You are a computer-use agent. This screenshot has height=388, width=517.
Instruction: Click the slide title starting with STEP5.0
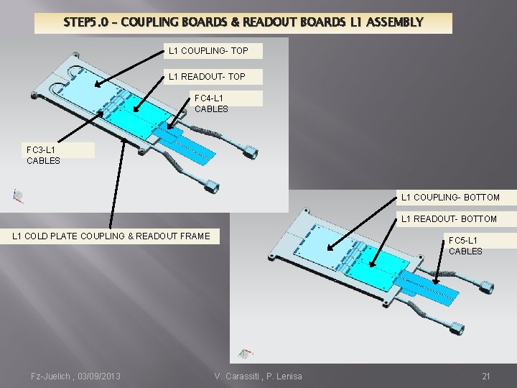tap(243, 22)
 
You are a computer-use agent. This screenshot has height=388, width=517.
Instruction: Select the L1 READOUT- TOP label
tap(207, 76)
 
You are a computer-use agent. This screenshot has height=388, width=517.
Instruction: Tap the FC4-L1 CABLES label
tap(211, 103)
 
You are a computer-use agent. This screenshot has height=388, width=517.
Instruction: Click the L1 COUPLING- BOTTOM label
tap(450, 197)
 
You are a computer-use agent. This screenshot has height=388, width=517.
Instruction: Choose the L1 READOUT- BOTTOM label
tap(449, 218)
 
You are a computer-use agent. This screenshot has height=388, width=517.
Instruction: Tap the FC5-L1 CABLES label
tap(465, 245)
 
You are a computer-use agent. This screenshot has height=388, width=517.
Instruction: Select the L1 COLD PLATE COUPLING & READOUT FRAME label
tap(111, 236)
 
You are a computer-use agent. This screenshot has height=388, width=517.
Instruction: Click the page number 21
tap(485, 376)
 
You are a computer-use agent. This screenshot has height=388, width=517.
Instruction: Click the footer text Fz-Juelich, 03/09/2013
tap(75, 376)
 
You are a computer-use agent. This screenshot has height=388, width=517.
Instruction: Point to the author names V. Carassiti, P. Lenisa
tap(258, 376)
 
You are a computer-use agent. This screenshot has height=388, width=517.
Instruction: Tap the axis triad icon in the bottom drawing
tap(246, 354)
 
